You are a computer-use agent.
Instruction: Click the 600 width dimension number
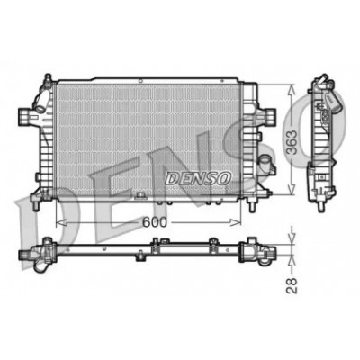click(x=154, y=222)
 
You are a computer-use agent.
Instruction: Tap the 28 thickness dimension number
click(x=292, y=285)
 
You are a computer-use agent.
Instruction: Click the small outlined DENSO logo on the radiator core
click(x=198, y=178)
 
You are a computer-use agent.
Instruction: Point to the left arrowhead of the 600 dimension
click(x=61, y=222)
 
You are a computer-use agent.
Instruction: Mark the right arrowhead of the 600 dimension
click(x=236, y=222)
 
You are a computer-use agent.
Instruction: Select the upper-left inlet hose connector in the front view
click(x=41, y=100)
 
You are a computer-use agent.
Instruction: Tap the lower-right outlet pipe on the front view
click(x=266, y=165)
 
